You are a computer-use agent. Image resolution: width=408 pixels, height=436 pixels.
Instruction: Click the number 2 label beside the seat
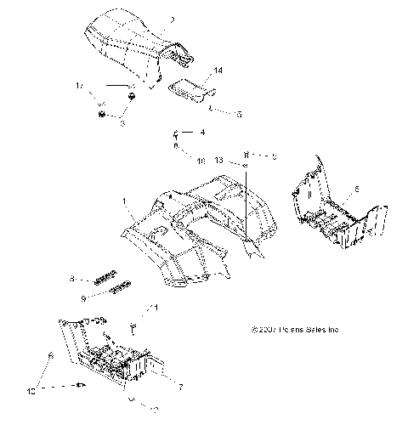click(x=172, y=19)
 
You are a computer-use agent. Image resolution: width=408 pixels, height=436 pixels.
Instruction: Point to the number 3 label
click(x=122, y=123)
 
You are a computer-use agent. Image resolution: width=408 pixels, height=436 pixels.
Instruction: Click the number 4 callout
click(x=202, y=133)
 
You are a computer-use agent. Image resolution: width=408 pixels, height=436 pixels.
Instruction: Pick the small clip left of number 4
click(x=176, y=133)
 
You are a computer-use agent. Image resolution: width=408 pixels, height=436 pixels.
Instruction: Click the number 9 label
click(x=82, y=298)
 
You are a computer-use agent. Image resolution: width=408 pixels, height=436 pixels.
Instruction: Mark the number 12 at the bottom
click(x=154, y=410)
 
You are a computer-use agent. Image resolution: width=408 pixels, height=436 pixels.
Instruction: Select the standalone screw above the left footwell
click(x=133, y=326)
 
